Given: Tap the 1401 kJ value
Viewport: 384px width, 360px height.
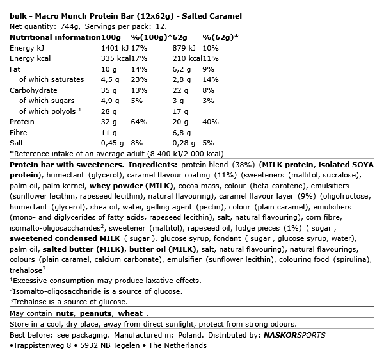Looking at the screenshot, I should tap(116, 48).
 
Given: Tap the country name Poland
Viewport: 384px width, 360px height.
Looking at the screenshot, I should tap(191, 334).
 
